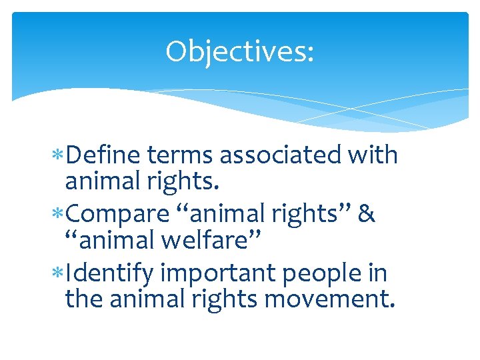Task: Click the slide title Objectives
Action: click(239, 51)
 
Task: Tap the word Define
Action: click(103, 155)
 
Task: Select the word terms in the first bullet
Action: click(181, 155)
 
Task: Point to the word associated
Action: click(279, 155)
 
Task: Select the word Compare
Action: click(118, 215)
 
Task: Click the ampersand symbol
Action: click(367, 215)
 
